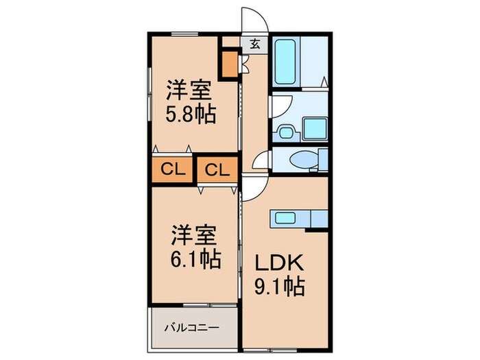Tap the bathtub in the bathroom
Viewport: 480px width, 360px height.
285,60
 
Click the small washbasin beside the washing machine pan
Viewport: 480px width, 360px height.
285,130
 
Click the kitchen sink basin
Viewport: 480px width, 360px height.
285,218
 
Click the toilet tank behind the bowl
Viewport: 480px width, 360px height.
322,160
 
